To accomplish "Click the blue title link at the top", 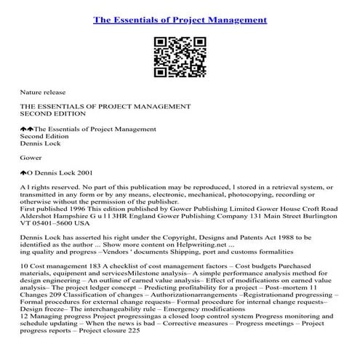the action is tap(180, 17).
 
